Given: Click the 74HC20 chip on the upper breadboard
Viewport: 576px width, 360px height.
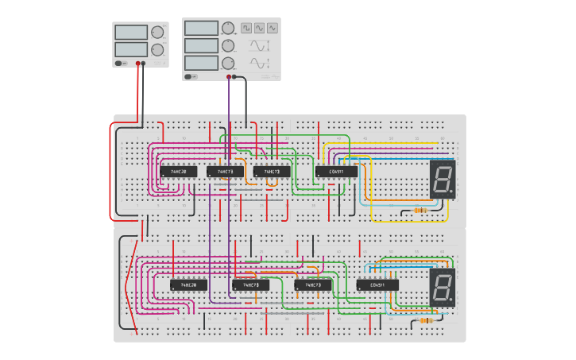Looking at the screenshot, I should (x=179, y=172).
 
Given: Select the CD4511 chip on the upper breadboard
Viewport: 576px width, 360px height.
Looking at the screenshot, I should (x=337, y=172).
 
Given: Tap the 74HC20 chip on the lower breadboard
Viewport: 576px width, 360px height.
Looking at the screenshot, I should (x=188, y=285).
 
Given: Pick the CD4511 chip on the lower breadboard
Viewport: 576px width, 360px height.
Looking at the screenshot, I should (x=377, y=285).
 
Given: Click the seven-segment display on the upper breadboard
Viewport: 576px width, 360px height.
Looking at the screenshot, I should (x=443, y=179).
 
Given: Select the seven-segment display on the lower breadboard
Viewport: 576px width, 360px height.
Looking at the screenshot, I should (x=443, y=287).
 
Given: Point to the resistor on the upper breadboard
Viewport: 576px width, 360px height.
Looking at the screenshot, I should (x=421, y=211).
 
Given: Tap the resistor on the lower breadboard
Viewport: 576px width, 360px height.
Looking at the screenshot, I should (x=426, y=320).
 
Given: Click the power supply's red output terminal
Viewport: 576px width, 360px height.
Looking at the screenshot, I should (x=137, y=64).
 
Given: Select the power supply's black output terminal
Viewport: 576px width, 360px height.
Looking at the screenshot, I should (x=144, y=64).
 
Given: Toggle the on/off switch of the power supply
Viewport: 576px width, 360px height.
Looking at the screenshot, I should (x=119, y=64).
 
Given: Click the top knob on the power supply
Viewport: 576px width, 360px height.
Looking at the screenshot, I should (x=157, y=33).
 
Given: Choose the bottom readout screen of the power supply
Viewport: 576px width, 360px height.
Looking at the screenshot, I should (x=131, y=49).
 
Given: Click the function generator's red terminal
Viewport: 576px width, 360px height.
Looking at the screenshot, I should (x=229, y=77).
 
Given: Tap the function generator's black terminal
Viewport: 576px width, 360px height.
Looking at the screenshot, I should (x=235, y=77).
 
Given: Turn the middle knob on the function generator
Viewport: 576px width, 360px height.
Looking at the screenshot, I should (x=228, y=45).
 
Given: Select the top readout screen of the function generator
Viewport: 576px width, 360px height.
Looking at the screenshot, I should (x=201, y=28).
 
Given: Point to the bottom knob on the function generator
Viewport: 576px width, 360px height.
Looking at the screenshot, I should (x=228, y=63).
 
